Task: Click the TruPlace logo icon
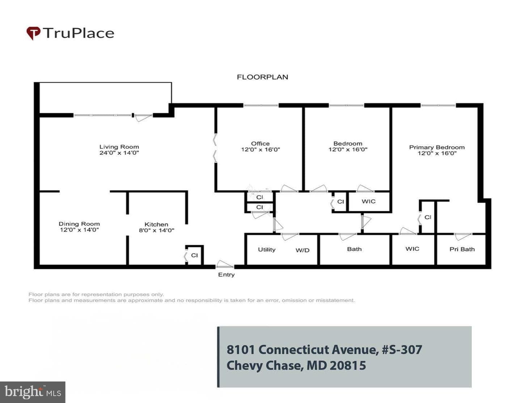33,33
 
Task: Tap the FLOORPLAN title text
262,77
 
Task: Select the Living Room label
119,147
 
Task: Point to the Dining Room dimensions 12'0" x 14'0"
79,230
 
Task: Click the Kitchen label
156,224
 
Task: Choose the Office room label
260,143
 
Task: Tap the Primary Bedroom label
437,147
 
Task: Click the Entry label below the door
226,275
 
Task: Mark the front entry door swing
224,264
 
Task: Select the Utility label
267,249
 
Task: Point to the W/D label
302,250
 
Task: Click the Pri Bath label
462,249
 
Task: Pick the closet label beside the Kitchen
194,255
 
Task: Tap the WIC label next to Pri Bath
412,249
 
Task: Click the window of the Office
261,105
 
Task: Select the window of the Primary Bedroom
438,105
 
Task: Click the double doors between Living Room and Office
215,148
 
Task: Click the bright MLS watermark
33,392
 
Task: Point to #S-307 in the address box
402,349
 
